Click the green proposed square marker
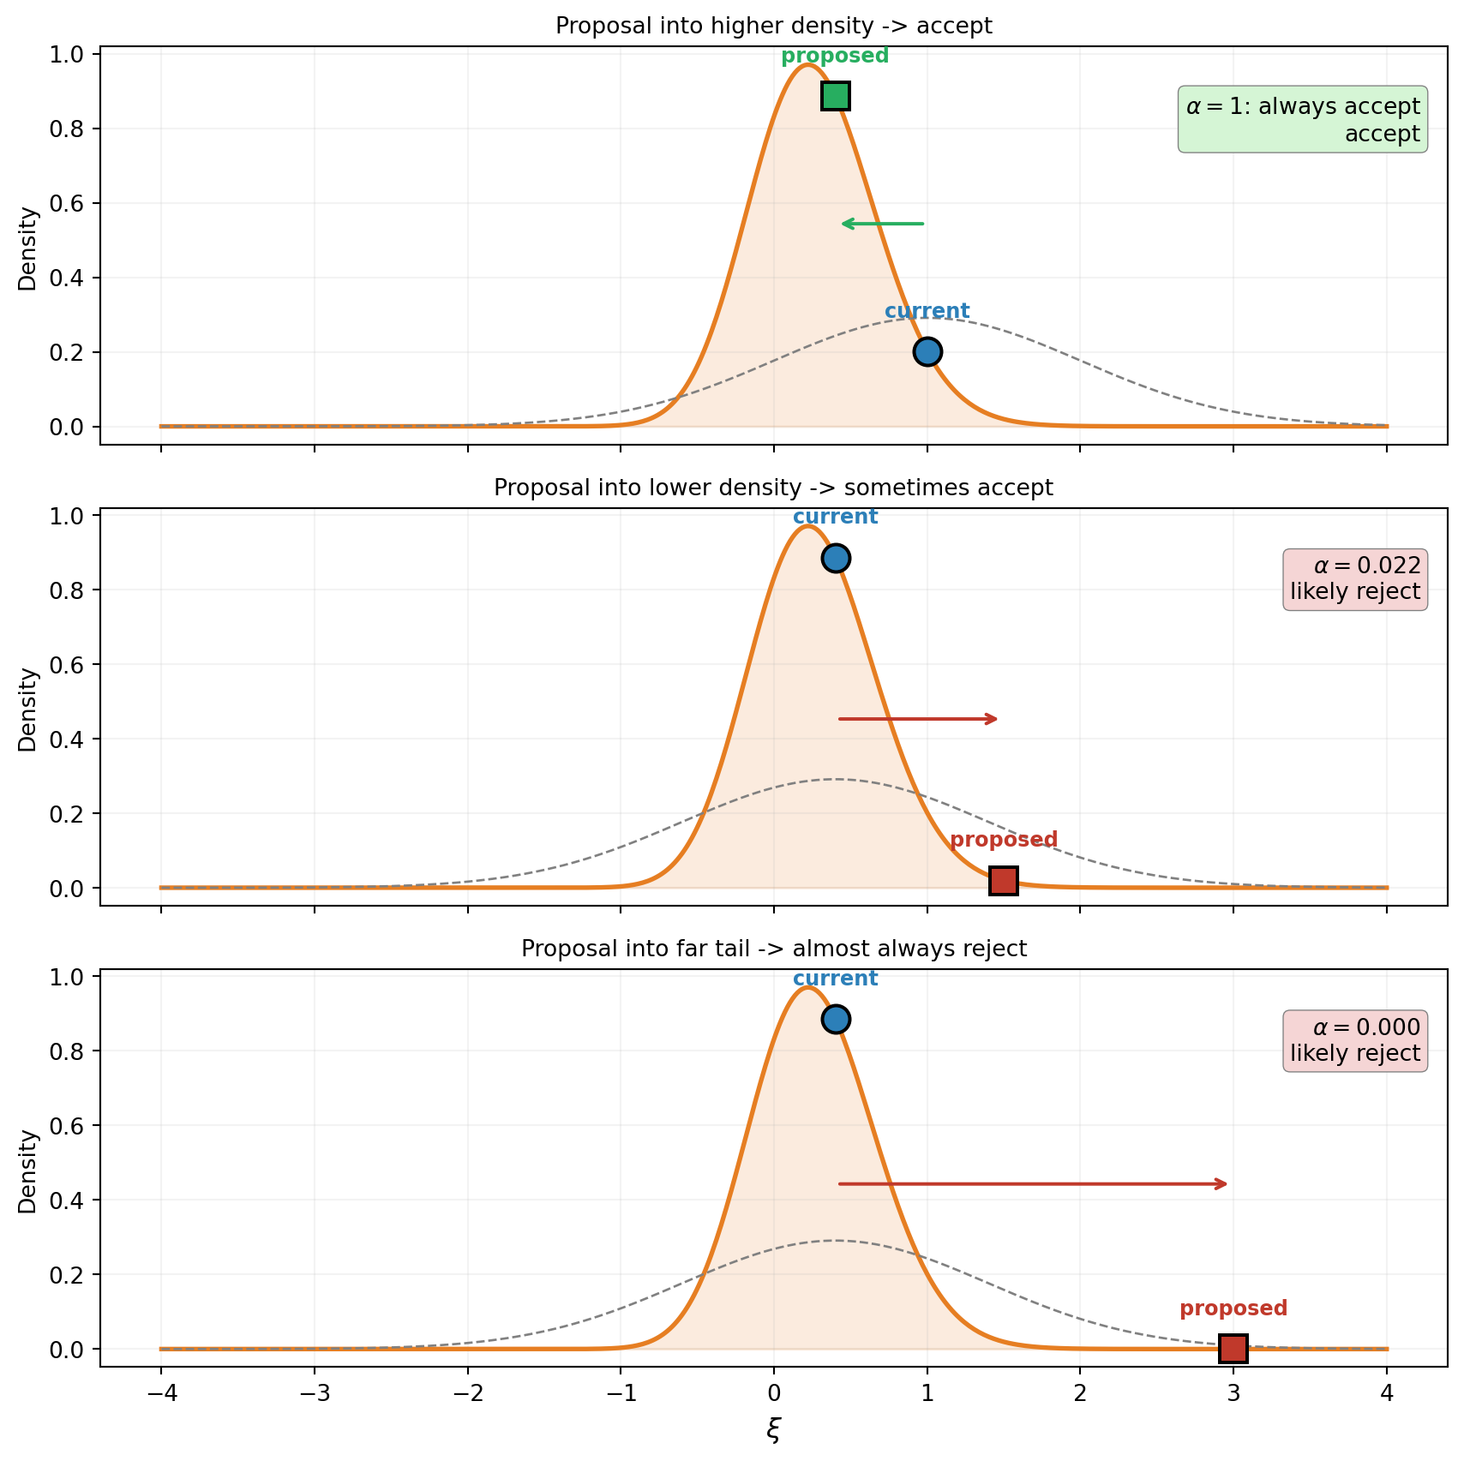pyautogui.click(x=836, y=96)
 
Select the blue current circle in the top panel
pyautogui.click(x=927, y=351)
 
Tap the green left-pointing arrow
pyautogui.click(x=883, y=224)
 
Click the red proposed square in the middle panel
pyautogui.click(x=1004, y=880)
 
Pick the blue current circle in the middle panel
pyautogui.click(x=836, y=558)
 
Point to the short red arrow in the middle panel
pyautogui.click(x=917, y=719)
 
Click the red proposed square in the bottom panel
pyautogui.click(x=1233, y=1348)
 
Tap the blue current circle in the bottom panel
pyautogui.click(x=836, y=1019)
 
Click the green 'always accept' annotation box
pyautogui.click(x=1303, y=119)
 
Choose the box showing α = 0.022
pyautogui.click(x=1355, y=579)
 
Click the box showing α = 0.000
pyautogui.click(x=1355, y=1040)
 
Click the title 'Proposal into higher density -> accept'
pyautogui.click(x=774, y=26)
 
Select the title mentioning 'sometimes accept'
pyautogui.click(x=774, y=488)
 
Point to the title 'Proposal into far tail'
pyautogui.click(x=774, y=949)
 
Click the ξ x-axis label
pyautogui.click(x=774, y=1429)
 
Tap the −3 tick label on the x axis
pyautogui.click(x=314, y=1394)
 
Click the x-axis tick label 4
pyautogui.click(x=1387, y=1394)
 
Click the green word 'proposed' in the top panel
pyautogui.click(x=835, y=57)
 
